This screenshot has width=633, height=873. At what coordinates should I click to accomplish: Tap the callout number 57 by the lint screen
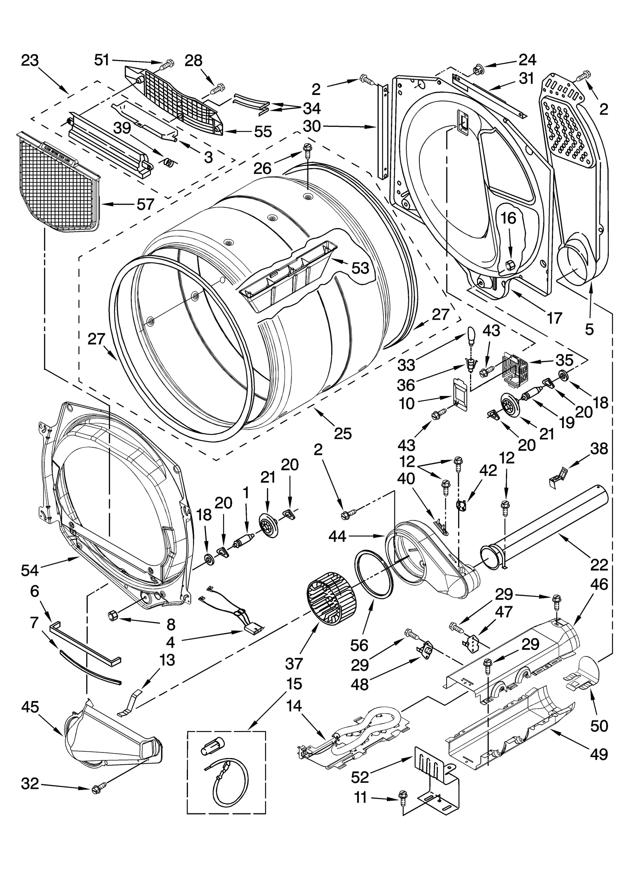point(145,204)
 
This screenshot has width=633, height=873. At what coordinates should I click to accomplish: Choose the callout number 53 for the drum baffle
point(360,268)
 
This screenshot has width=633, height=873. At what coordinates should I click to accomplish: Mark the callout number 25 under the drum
point(343,434)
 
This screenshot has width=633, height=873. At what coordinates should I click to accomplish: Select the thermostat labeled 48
point(426,649)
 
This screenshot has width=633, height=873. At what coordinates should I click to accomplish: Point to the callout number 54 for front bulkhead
point(30,570)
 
